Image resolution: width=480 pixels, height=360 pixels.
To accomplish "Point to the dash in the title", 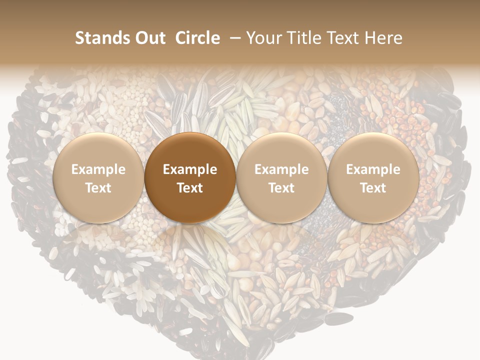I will click(x=236, y=38).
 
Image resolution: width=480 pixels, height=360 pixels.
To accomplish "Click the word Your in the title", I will click(x=263, y=38).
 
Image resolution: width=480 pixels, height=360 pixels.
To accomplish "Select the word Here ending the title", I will click(x=383, y=38).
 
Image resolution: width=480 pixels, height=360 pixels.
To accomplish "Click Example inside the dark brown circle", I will click(x=190, y=169).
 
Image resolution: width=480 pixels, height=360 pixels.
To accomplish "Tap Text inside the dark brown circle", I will click(x=190, y=188).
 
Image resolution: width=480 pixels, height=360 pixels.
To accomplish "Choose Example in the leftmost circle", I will click(x=98, y=169).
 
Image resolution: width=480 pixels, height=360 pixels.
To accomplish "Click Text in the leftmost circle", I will click(x=98, y=188).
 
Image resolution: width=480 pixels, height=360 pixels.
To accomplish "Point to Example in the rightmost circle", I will click(x=373, y=169).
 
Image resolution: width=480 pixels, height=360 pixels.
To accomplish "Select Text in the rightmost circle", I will click(x=373, y=188).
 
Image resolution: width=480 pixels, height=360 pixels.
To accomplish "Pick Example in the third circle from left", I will click(x=281, y=169).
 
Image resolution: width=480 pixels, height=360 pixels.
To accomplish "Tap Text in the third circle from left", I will click(x=281, y=188).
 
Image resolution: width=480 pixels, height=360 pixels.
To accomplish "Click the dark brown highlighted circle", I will click(x=190, y=150).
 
